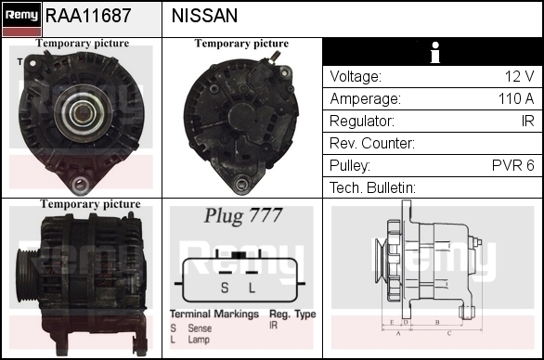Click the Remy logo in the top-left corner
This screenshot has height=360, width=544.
22,19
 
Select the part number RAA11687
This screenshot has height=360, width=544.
88,16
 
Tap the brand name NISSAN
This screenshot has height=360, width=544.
204,16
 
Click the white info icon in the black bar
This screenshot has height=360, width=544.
435,52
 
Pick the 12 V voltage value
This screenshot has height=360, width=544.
519,76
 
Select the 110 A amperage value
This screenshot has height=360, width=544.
516,98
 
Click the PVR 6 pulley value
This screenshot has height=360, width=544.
512,165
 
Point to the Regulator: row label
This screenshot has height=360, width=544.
362,121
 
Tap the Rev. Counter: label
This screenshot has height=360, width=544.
372,143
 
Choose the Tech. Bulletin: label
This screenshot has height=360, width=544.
372,187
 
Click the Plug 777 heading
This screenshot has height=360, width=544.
242,216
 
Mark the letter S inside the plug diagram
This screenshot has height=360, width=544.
225,288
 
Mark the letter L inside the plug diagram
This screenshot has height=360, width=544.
252,288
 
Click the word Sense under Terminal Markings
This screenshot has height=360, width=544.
200,328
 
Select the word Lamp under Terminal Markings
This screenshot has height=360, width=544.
199,340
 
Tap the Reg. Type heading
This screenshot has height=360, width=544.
292,315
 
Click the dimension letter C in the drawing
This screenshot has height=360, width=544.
449,334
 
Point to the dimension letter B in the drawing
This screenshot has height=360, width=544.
437,322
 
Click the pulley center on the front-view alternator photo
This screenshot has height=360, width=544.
83,112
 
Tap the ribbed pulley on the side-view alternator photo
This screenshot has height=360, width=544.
27,276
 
